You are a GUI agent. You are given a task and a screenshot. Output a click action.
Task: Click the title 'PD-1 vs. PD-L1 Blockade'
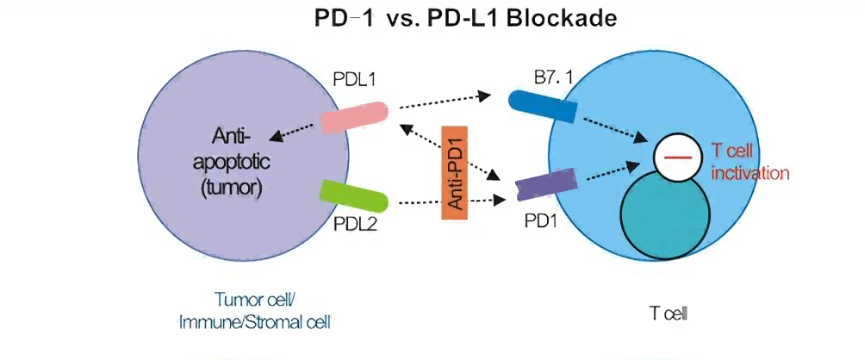tap(464, 18)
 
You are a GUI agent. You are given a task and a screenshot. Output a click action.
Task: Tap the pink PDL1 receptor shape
tap(354, 118)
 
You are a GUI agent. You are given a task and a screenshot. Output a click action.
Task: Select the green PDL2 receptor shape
tap(353, 196)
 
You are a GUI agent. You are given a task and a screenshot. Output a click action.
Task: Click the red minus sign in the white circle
tap(677, 157)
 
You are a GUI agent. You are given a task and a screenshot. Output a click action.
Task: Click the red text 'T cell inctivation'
tap(750, 163)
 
